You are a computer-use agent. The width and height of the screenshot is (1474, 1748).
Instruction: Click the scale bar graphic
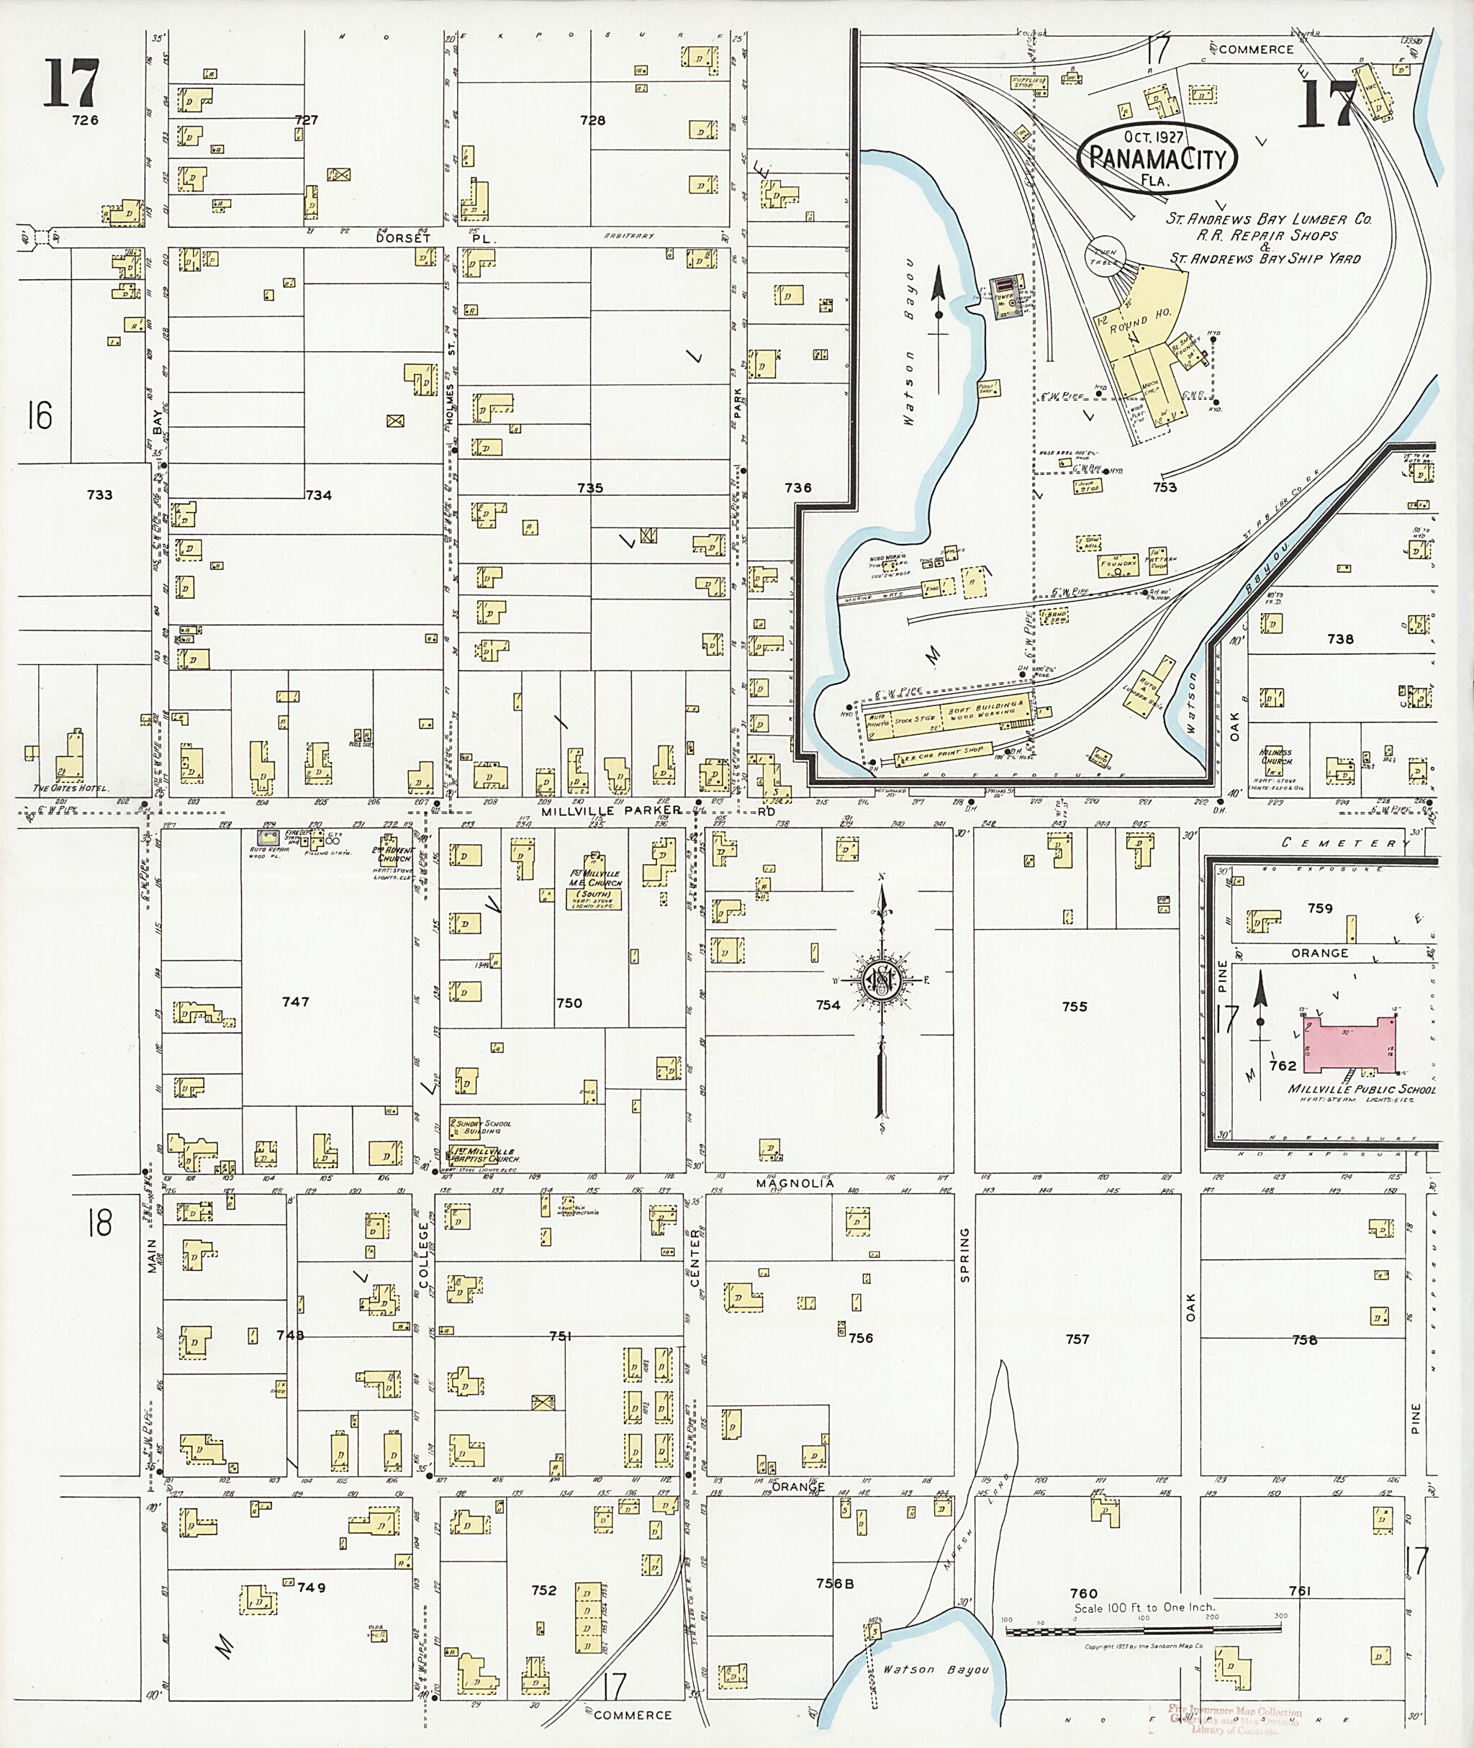pos(1142,1629)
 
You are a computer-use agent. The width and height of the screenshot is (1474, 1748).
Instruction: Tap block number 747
pos(296,1001)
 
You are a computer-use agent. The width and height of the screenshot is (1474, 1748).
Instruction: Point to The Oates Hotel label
pos(71,788)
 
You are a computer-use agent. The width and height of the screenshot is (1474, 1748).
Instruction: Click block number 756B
pos(835,1582)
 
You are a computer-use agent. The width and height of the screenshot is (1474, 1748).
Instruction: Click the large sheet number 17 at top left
pos(72,83)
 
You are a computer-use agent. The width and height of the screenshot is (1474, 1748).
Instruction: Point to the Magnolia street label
pos(795,1183)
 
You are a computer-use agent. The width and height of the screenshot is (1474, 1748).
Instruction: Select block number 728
pos(592,120)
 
